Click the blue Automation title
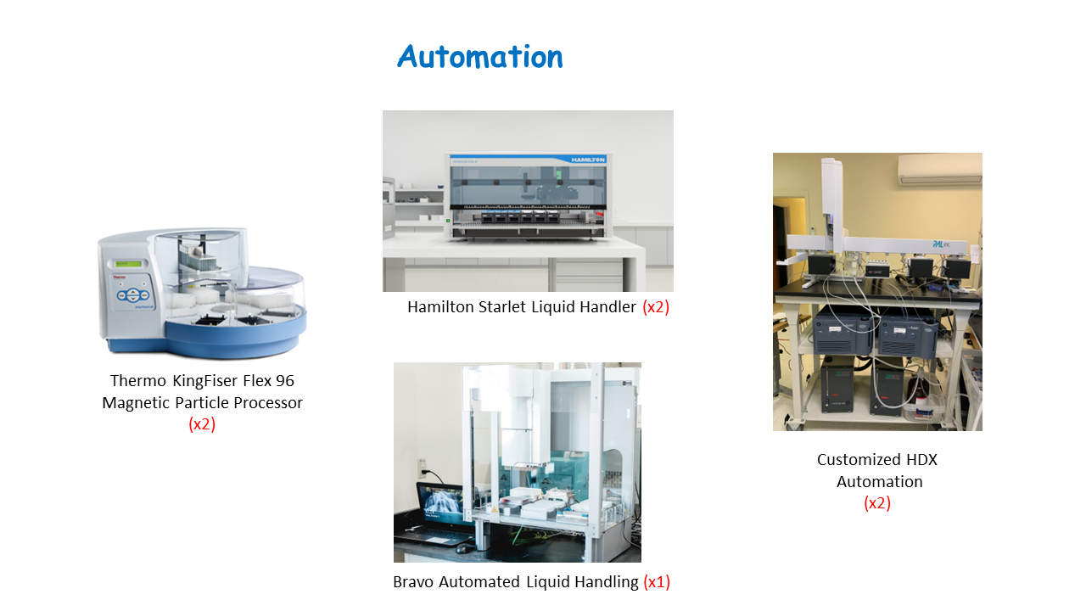[x=480, y=56]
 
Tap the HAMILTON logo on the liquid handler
[x=588, y=160]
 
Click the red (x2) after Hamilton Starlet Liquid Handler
[x=656, y=307]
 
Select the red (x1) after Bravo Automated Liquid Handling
[x=657, y=582]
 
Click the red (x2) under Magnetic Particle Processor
[x=202, y=424]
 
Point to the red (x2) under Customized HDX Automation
[x=877, y=503]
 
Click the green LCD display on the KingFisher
[x=128, y=264]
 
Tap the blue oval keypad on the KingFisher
[x=133, y=294]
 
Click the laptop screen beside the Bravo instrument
[x=442, y=504]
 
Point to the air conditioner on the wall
[x=940, y=169]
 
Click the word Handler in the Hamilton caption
[x=608, y=307]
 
